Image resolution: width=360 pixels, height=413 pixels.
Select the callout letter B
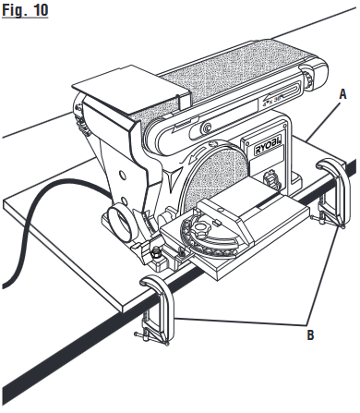point(309,335)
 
